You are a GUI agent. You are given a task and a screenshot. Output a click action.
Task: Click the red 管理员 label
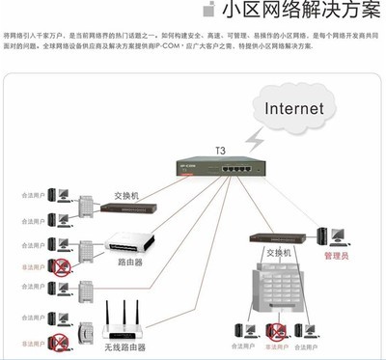tap(336, 258)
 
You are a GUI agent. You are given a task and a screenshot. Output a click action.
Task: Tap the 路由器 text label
tap(131, 263)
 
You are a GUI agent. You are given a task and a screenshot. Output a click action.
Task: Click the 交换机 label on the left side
tap(126, 195)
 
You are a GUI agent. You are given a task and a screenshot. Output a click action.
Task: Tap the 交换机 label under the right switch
tap(279, 253)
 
